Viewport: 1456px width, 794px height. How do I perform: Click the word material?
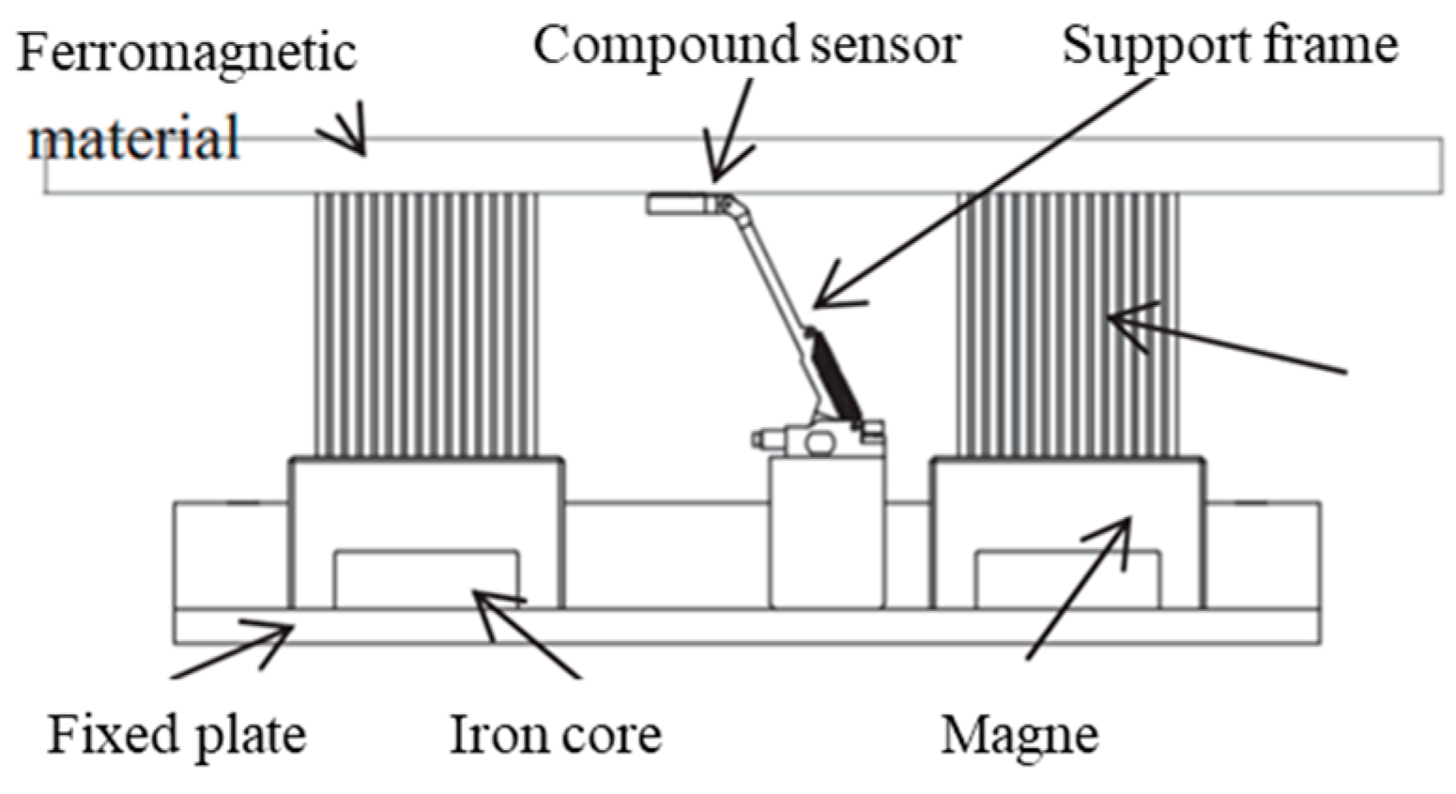click(x=133, y=138)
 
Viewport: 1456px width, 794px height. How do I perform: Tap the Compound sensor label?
click(x=746, y=44)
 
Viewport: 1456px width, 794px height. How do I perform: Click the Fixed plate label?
click(x=176, y=734)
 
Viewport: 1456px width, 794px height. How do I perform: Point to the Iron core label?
click(x=556, y=734)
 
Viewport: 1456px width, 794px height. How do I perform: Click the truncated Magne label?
click(x=1019, y=734)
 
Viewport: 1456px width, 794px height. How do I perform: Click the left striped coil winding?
click(x=426, y=325)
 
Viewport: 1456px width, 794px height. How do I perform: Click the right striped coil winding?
click(x=1067, y=325)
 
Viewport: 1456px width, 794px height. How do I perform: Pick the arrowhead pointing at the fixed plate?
click(x=280, y=633)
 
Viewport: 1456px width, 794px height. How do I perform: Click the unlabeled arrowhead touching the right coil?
click(x=1122, y=323)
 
